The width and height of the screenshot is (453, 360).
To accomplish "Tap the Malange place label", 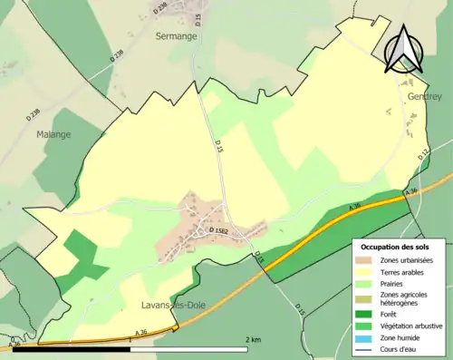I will (x=53, y=133).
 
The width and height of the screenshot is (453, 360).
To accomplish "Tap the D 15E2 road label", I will (x=220, y=232).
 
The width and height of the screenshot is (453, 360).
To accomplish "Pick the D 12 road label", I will (x=424, y=156).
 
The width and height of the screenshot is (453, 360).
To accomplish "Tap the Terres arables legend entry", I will (x=402, y=272).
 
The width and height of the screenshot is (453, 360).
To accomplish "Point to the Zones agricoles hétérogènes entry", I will (x=405, y=300).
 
